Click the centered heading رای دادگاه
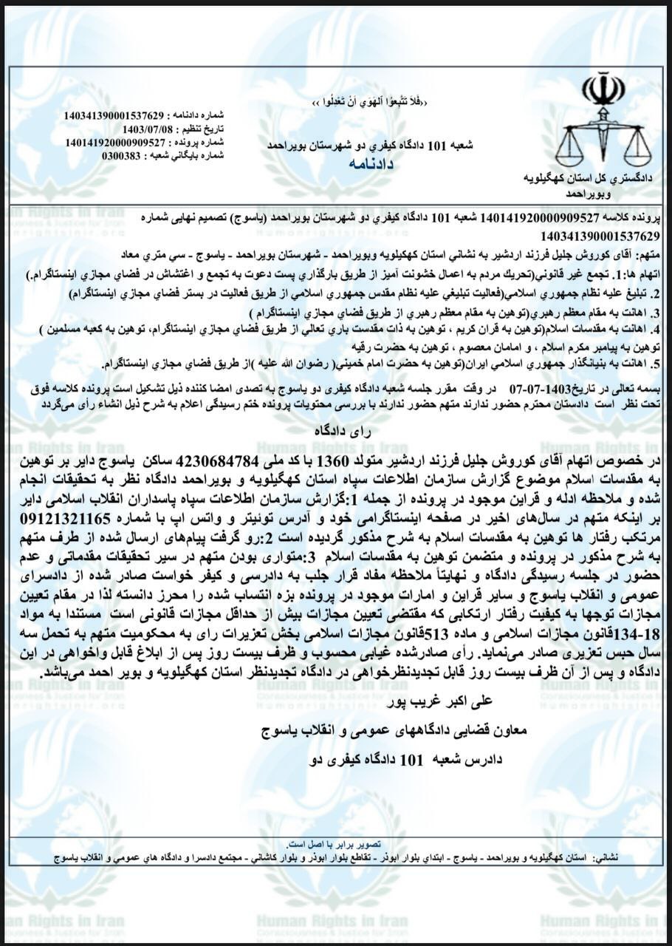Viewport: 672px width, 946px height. [335, 429]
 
